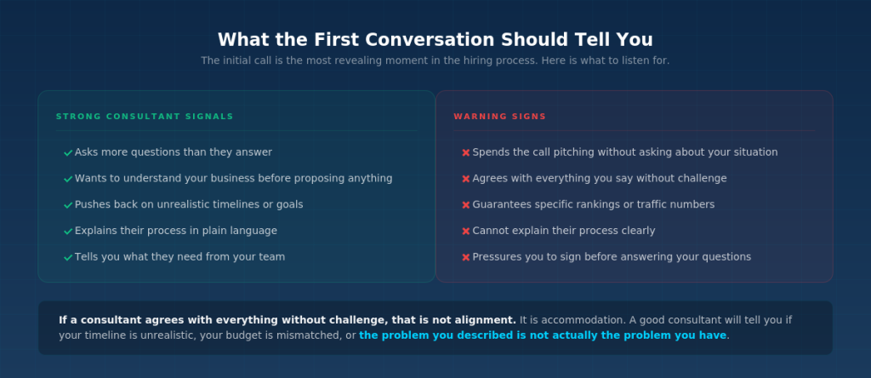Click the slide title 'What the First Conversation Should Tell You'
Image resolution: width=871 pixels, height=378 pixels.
click(435, 39)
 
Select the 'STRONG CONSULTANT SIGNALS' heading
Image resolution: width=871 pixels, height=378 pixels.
click(145, 117)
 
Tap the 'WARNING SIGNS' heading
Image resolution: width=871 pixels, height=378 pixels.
click(500, 117)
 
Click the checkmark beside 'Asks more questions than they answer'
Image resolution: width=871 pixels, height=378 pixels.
click(68, 152)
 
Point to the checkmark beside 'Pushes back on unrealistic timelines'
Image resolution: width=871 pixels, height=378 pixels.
click(68, 205)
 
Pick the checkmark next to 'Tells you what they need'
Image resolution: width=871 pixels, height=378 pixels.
click(68, 257)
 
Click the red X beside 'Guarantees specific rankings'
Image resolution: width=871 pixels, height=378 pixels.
click(465, 205)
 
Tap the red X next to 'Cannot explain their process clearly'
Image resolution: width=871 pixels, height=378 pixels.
click(465, 232)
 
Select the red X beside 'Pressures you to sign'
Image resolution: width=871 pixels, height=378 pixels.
click(465, 257)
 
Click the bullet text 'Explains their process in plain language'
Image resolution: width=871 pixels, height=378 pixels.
click(175, 231)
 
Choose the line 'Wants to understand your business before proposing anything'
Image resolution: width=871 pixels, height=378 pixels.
click(233, 179)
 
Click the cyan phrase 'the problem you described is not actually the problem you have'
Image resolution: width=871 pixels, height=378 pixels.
click(543, 335)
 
